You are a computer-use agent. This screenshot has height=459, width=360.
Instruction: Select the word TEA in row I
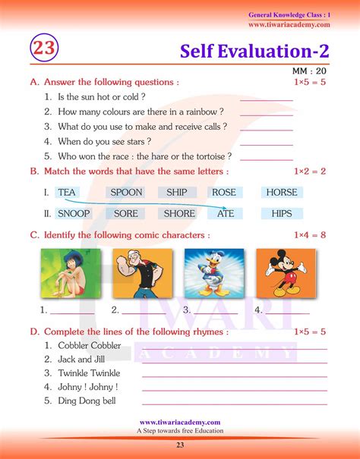(x=67, y=193)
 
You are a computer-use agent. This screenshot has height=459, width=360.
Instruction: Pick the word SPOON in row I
(x=126, y=193)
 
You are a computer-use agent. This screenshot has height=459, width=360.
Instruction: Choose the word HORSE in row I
(x=282, y=193)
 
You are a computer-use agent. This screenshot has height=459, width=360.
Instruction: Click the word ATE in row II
(x=226, y=214)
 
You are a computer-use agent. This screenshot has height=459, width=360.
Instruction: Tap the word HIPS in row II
(x=282, y=214)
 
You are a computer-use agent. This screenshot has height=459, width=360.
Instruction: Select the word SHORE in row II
(x=179, y=214)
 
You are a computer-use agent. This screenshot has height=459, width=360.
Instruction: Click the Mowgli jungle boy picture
(x=63, y=273)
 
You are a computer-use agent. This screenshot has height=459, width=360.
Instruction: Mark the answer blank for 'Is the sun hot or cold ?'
(x=266, y=99)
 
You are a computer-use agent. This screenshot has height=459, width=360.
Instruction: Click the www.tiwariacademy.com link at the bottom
(x=180, y=423)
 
